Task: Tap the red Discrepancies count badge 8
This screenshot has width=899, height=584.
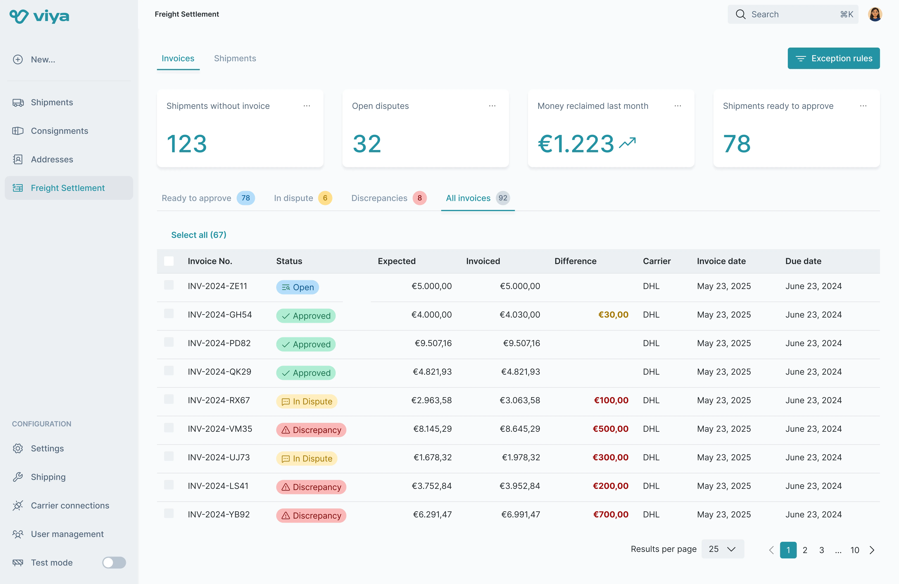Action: click(x=419, y=198)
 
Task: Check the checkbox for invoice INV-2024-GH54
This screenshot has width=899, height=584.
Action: click(x=169, y=314)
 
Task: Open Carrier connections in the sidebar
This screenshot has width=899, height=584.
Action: click(x=70, y=505)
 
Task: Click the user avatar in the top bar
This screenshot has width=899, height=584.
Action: click(x=875, y=14)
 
